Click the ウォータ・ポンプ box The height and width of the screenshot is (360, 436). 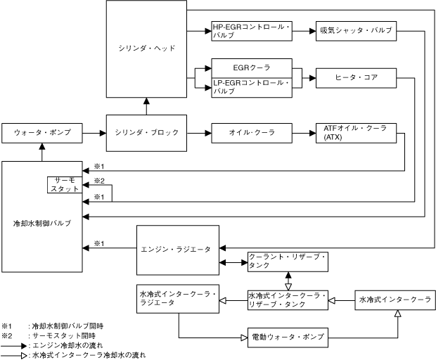[x=42, y=133]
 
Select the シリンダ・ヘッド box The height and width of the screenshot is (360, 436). [x=146, y=49]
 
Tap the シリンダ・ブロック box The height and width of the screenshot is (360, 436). [x=146, y=133]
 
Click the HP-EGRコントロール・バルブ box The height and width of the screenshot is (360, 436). [x=252, y=31]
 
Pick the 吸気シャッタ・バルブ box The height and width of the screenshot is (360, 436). [x=357, y=31]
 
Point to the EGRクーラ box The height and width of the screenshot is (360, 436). [x=252, y=68]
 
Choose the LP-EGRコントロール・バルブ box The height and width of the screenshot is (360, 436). [x=252, y=88]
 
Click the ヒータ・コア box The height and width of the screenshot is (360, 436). [x=357, y=78]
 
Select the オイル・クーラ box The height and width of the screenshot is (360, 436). [x=252, y=133]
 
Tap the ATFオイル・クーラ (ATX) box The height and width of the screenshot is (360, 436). [x=357, y=133]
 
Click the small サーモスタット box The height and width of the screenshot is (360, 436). [x=65, y=185]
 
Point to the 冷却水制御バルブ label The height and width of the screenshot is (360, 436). [x=42, y=223]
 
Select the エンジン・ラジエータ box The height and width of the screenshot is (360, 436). [x=178, y=250]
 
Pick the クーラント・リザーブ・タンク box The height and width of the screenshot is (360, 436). [x=288, y=262]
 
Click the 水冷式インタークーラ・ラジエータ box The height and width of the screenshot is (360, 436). [x=178, y=299]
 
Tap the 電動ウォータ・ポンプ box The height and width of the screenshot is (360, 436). [x=288, y=337]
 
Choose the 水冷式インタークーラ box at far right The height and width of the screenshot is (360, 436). [x=395, y=300]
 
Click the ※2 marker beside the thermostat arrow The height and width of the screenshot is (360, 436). [x=99, y=181]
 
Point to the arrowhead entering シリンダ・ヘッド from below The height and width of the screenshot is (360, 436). [x=146, y=101]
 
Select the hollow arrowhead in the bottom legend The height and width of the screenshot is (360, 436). [x=24, y=355]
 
